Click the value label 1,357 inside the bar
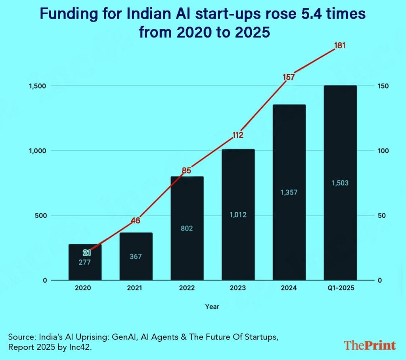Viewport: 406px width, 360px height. (x=289, y=192)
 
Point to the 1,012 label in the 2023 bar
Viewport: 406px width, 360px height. (x=238, y=215)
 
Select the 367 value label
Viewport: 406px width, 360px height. (x=136, y=257)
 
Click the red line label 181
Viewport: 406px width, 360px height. (x=340, y=46)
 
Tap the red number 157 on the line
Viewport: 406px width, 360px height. (x=289, y=77)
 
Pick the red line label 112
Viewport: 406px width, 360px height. (x=237, y=135)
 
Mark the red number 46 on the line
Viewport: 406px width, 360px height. (x=136, y=221)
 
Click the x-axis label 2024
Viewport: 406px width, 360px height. (x=289, y=288)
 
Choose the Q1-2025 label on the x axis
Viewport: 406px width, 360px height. (x=340, y=288)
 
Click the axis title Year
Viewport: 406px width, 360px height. (x=212, y=306)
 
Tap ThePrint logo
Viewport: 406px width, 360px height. (x=370, y=345)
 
